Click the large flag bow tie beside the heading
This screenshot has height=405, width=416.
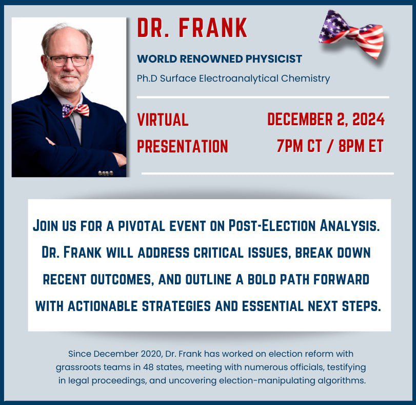pyautogui.click(x=351, y=33)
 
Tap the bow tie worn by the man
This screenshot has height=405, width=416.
pyautogui.click(x=75, y=110)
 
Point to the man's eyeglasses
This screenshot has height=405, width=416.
pyautogui.click(x=68, y=61)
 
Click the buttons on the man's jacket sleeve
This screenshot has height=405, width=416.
pyautogui.click(x=106, y=173)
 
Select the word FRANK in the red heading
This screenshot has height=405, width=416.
pyautogui.click(x=213, y=28)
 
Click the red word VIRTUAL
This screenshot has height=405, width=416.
pyautogui.click(x=163, y=120)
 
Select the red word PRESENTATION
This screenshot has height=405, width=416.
pyautogui.click(x=183, y=146)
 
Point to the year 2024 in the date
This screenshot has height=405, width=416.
pyautogui.click(x=368, y=119)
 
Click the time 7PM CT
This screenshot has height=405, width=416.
pyautogui.click(x=299, y=146)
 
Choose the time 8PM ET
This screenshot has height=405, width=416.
pyautogui.click(x=361, y=146)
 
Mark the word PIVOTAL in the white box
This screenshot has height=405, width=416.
pyautogui.click(x=142, y=226)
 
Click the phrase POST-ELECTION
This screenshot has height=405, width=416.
pyautogui.click(x=272, y=225)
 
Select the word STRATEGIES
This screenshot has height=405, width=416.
pyautogui.click(x=176, y=306)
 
